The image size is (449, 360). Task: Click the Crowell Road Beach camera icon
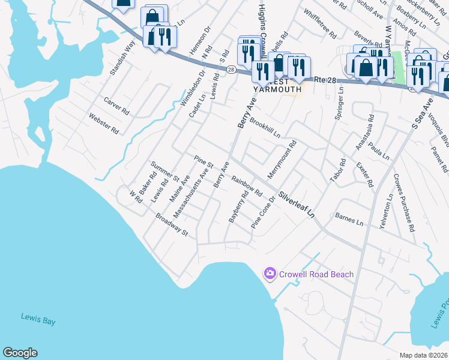click(270, 274)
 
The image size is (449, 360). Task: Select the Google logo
click(20, 353)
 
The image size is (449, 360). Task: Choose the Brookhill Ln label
click(265, 128)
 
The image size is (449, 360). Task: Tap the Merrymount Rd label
click(286, 155)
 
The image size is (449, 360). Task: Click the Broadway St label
click(172, 224)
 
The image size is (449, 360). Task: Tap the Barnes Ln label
click(349, 219)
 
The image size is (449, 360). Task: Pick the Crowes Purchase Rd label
click(403, 211)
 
